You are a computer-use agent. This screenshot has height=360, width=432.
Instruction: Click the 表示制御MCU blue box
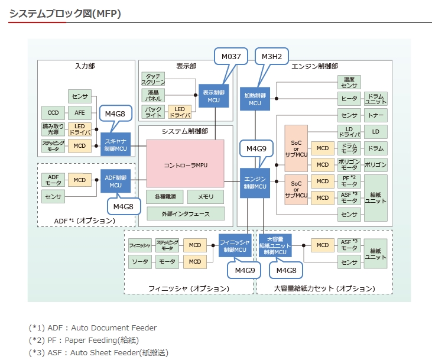coord(213,96)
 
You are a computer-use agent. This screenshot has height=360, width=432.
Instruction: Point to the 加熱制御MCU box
coord(255,99)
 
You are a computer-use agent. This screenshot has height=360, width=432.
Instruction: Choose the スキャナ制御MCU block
coord(115,145)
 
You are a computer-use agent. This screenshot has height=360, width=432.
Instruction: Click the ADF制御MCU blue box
coord(115,181)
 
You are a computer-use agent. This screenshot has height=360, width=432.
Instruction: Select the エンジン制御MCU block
coord(255,183)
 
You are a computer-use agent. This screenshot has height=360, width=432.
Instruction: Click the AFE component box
coord(79,112)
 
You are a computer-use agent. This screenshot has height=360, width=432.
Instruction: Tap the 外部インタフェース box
coord(186,213)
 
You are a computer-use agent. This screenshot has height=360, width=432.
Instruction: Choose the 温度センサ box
coord(349,82)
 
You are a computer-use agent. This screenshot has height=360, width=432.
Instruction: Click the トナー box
coord(375,115)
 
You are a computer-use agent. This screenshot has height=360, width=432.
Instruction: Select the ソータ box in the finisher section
coord(140,261)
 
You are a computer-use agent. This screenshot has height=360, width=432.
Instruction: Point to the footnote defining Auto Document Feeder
coord(93,327)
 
